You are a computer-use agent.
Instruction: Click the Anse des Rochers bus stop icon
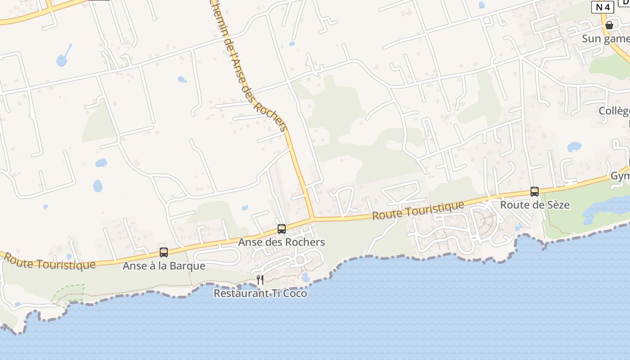282,229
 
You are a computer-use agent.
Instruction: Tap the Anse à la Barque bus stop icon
164,252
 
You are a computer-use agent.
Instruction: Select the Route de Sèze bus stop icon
535,191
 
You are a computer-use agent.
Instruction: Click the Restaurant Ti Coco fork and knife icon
260,280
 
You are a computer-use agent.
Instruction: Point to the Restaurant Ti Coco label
260,293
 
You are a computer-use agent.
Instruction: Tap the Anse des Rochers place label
281,242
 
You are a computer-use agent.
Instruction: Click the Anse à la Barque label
164,266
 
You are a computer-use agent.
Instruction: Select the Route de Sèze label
535,205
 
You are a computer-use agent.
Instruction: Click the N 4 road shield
603,7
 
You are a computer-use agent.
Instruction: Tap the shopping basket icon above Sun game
609,25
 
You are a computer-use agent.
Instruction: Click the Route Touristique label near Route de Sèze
418,211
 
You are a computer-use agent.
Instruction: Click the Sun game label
605,39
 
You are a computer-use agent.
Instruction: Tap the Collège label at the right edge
614,111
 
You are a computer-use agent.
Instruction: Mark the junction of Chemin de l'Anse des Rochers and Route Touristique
311,219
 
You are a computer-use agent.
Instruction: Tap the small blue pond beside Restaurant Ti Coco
306,277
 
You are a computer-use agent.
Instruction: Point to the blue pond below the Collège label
574,147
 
